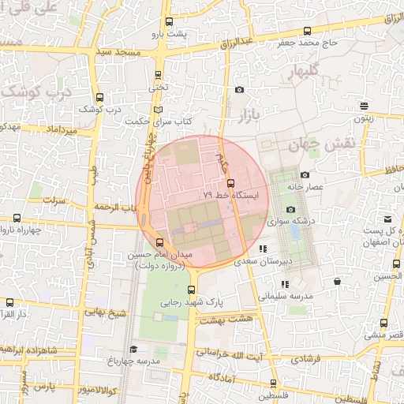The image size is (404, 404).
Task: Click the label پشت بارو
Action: [170, 35]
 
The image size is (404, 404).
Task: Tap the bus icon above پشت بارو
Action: [169, 22]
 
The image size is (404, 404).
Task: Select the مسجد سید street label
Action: [115, 51]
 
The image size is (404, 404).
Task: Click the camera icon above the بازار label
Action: [239, 90]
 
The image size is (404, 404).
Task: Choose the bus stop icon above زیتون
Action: [364, 106]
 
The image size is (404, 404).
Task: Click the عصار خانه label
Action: [307, 186]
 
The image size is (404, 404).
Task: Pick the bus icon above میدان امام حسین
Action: [161, 242]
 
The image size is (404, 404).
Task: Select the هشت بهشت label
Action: [223, 321]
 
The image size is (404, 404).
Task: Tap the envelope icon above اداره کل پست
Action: [387, 219]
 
